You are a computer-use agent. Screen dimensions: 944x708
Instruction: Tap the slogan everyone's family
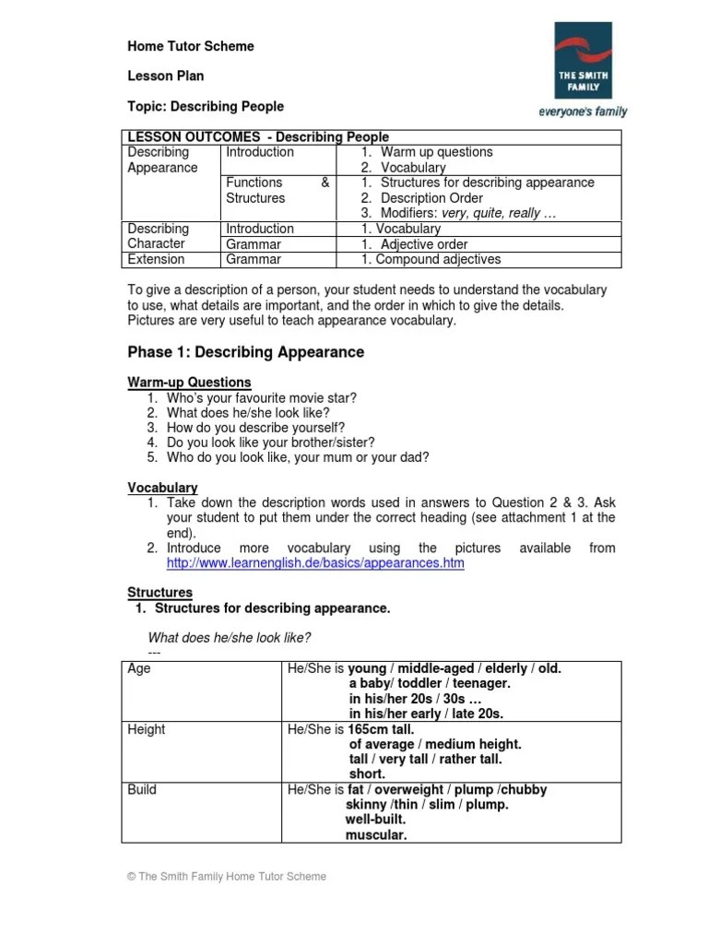[583, 112]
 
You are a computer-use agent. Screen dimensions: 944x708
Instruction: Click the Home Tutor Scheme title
[190, 46]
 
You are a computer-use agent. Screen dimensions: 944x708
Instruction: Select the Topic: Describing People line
[205, 106]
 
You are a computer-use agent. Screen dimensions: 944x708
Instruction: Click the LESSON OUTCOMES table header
[258, 137]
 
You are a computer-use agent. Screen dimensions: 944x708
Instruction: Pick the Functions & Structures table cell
[277, 190]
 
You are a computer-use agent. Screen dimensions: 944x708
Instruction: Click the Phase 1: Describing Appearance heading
[245, 352]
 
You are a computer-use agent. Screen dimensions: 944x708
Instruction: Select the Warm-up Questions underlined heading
[188, 382]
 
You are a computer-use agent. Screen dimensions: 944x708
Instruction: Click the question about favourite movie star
[261, 397]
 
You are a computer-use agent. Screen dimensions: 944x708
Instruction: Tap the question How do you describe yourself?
[256, 428]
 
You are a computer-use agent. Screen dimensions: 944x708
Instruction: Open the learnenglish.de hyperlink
[315, 562]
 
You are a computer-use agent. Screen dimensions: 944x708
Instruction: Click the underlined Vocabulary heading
[162, 488]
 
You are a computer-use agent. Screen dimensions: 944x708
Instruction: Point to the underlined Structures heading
[159, 593]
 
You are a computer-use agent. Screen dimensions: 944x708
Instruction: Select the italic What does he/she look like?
[230, 638]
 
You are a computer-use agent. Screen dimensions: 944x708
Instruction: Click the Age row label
[139, 669]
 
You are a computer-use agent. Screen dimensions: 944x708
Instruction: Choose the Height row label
[147, 729]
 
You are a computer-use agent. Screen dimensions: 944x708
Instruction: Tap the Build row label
[142, 789]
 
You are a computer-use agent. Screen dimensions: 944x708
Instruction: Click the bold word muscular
[376, 835]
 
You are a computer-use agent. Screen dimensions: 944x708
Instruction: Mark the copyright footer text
[227, 877]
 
